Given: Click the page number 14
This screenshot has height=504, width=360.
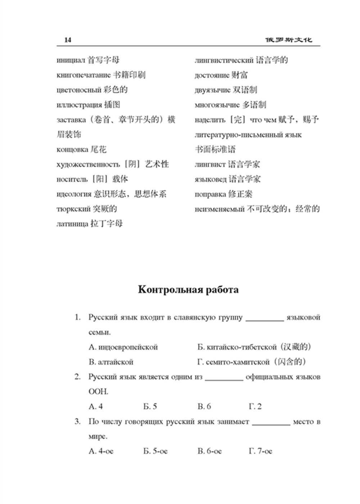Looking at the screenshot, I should click(68, 40).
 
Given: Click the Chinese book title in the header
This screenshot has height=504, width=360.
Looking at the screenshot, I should click(288, 40).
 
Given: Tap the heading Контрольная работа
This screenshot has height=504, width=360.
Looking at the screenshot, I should click(188, 290).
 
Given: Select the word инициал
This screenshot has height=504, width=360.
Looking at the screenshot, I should click(71, 60).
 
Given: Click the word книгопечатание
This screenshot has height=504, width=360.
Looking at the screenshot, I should click(84, 75).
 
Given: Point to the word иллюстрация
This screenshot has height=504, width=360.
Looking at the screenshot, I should click(79, 105).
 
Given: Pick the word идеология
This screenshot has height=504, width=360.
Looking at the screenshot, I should click(74, 194).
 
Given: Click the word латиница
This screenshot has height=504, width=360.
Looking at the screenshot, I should click(72, 224).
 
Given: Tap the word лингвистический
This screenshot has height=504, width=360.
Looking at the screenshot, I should click(224, 60).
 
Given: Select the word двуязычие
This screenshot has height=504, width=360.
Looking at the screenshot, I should click(212, 90).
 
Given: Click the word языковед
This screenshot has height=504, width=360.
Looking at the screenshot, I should click(211, 179).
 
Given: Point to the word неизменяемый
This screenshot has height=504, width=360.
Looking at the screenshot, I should click(220, 209).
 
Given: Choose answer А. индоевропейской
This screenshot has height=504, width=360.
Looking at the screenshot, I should click(123, 347).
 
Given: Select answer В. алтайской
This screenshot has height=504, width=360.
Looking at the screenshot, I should click(111, 362).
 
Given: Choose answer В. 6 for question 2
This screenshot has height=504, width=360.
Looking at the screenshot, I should click(204, 407).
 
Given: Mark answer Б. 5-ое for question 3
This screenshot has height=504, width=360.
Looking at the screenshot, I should click(155, 451).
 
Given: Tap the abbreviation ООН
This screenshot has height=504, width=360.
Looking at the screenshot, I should click(98, 392).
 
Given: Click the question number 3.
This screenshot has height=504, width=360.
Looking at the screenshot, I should click(77, 422).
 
